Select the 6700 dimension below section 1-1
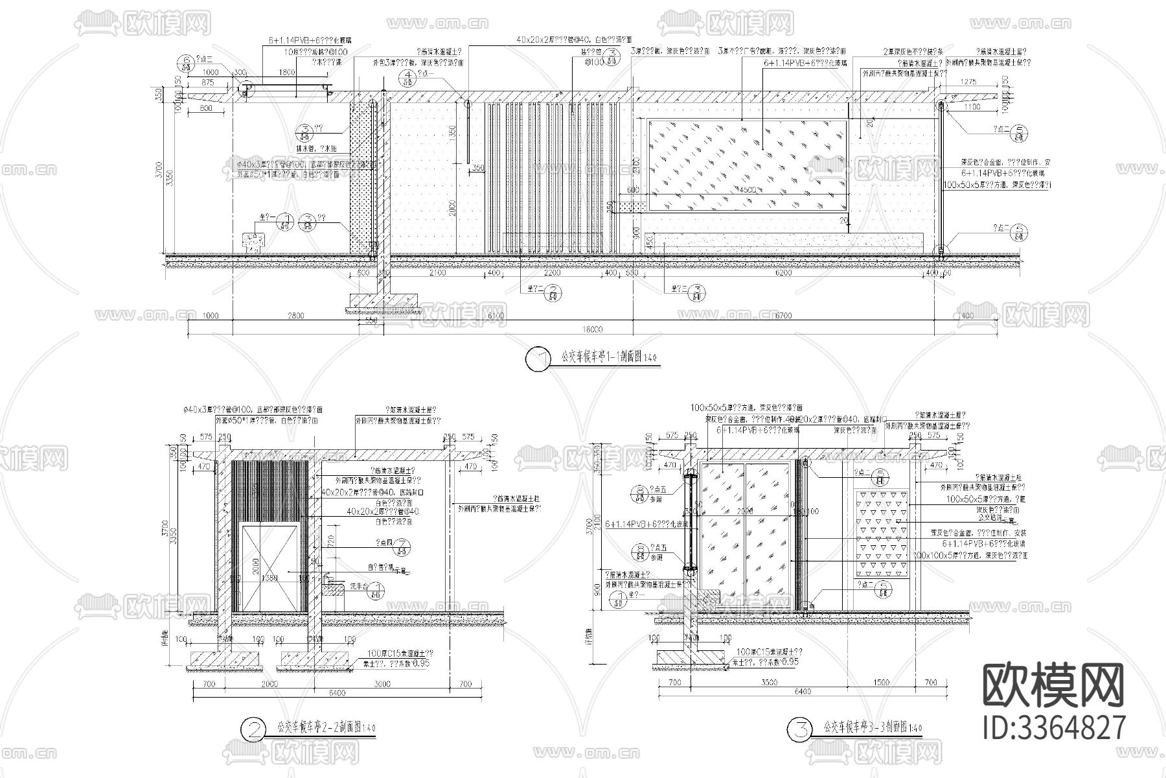[x=783, y=316]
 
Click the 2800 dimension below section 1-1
[x=295, y=316]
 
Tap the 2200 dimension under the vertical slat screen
[x=552, y=274]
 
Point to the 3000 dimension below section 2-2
[x=382, y=684]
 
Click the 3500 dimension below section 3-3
[x=768, y=683]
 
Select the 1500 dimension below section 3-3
[x=881, y=683]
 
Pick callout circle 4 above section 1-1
[x=408, y=78]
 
